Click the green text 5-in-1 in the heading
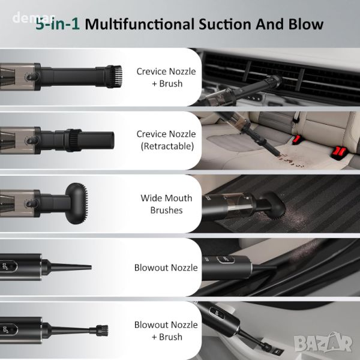(x=58, y=25)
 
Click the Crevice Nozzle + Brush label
(x=166, y=77)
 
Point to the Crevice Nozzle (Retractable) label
(x=166, y=140)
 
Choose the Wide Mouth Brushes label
(x=166, y=204)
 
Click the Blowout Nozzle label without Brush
(x=166, y=268)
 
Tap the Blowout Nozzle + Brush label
(x=166, y=331)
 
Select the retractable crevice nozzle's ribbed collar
(x=73, y=140)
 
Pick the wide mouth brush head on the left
(x=77, y=203)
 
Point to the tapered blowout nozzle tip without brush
(x=69, y=267)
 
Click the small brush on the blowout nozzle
(x=102, y=331)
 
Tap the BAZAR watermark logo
(x=323, y=343)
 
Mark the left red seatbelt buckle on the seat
(x=297, y=140)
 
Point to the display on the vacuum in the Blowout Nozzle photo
(x=226, y=260)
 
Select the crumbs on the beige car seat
(x=290, y=160)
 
